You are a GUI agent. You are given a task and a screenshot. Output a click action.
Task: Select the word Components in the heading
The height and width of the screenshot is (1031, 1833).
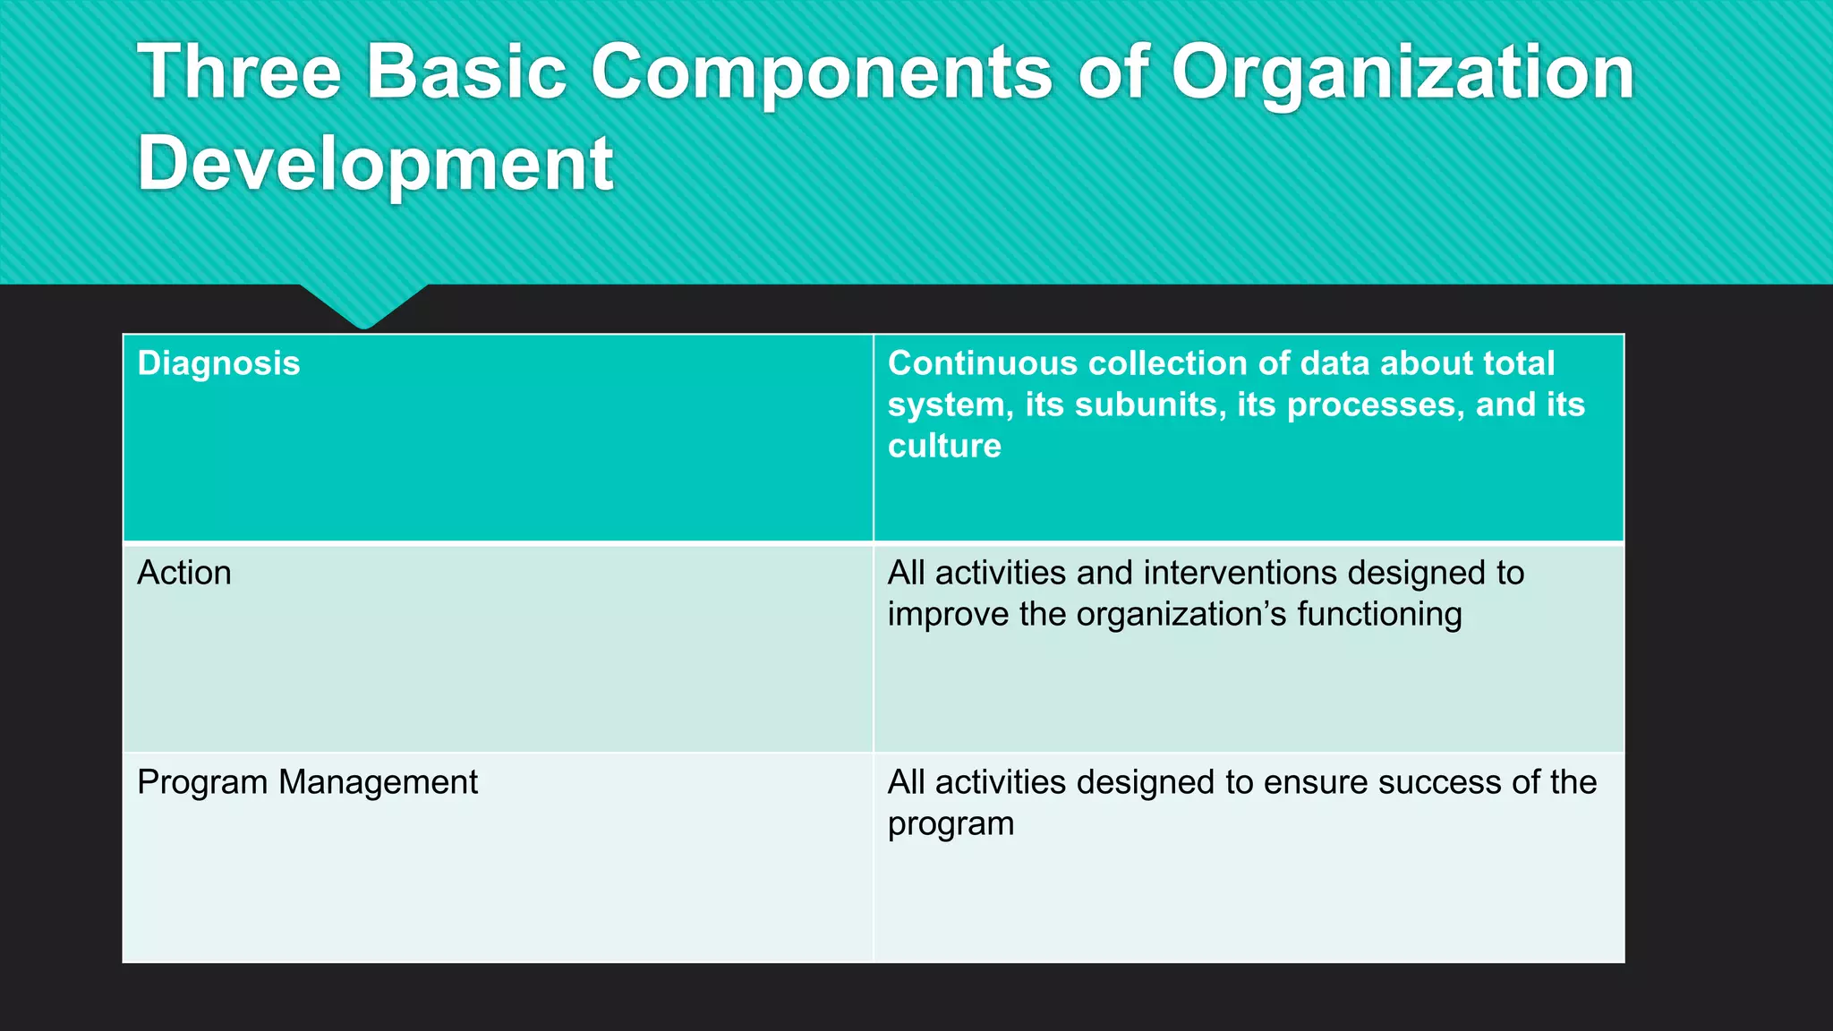point(822,73)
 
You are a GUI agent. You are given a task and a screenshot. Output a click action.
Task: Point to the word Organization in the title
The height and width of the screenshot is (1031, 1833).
point(1402,73)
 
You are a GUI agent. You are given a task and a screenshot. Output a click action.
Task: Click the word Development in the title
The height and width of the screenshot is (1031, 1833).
point(375,164)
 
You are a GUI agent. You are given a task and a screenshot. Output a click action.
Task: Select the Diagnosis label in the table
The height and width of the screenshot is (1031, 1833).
point(218,363)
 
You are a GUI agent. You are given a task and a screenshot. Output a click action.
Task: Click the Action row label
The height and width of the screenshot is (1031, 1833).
point(184,573)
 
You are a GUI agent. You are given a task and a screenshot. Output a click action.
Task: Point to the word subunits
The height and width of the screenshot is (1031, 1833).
point(1125,405)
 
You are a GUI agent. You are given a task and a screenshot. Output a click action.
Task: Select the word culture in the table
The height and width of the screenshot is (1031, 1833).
point(944,446)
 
